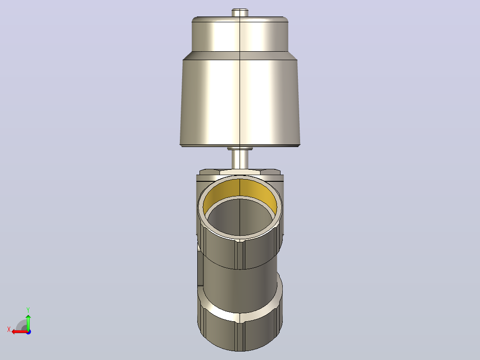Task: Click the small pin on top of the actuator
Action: (x=240, y=12)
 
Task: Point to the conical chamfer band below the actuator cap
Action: (x=240, y=55)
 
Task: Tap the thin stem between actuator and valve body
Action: (x=240, y=160)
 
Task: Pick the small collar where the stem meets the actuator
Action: (x=240, y=148)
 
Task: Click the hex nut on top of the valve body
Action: (x=240, y=172)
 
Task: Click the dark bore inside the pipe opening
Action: (x=240, y=217)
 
